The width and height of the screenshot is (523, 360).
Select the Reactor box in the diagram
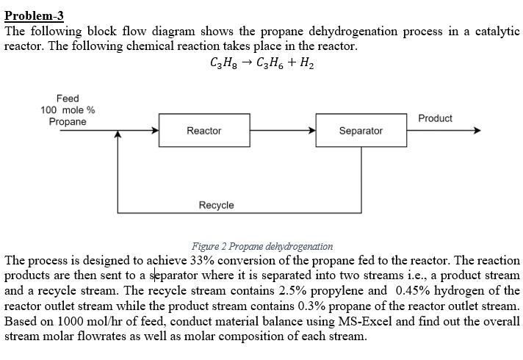coord(203,131)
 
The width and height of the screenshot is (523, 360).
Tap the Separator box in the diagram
coord(360,131)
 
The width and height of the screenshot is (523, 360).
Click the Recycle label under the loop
coord(216,205)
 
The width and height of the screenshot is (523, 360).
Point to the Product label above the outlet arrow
coord(435,118)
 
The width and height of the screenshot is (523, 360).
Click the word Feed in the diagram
coord(68,98)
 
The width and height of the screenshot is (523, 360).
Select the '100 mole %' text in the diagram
coord(68,110)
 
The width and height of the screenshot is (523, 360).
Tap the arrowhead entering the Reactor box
coord(155,131)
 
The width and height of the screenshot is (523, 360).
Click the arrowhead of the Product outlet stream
coord(476,131)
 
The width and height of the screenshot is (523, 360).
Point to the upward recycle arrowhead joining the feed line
coord(118,136)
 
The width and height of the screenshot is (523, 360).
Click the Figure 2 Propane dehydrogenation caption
coord(261,246)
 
